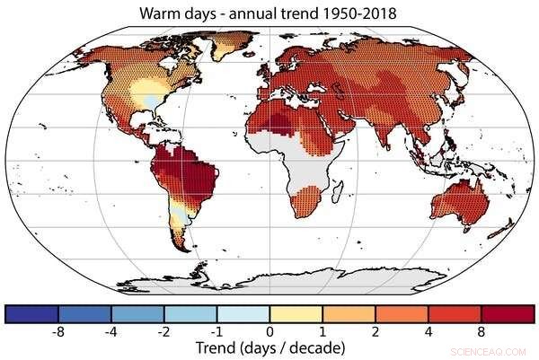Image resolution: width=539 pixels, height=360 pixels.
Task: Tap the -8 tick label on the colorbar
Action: [58, 330]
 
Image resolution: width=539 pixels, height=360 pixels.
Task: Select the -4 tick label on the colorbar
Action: [111, 330]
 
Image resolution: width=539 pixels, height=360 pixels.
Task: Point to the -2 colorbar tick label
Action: [164, 330]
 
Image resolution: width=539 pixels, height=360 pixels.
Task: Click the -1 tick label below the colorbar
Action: [216, 330]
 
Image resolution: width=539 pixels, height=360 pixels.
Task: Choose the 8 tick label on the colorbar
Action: [482, 330]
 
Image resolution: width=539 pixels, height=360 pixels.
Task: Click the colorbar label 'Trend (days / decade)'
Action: [269, 347]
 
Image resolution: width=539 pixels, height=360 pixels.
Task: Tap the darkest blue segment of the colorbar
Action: [31, 313]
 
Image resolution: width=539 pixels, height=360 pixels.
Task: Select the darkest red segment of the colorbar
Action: [508, 313]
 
